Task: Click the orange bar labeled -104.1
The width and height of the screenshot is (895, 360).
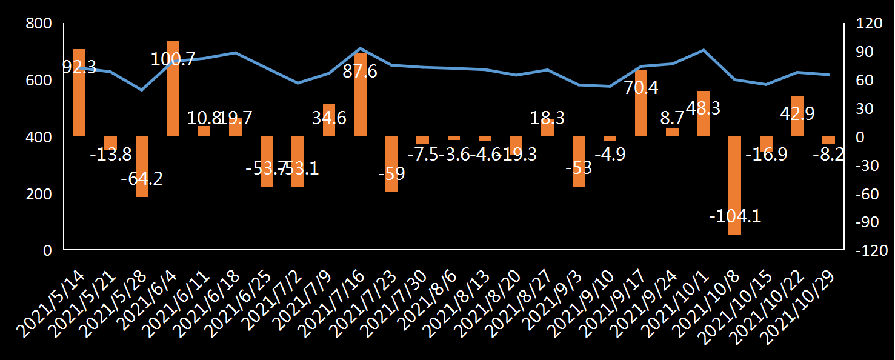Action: click(734, 185)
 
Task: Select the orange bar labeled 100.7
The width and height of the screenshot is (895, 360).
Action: click(173, 88)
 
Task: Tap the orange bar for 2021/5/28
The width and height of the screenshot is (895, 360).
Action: click(142, 167)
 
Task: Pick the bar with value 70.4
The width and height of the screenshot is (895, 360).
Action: click(641, 103)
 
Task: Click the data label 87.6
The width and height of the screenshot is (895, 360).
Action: click(360, 72)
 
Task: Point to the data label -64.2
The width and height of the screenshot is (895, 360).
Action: click(142, 179)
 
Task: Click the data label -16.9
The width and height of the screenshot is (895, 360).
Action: click(766, 154)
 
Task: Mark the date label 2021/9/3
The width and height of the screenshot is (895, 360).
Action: click(561, 297)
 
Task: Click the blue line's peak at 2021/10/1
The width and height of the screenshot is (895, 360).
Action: click(704, 50)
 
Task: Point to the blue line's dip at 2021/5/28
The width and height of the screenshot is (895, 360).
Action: click(142, 90)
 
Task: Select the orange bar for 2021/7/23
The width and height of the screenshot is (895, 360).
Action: click(391, 164)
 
